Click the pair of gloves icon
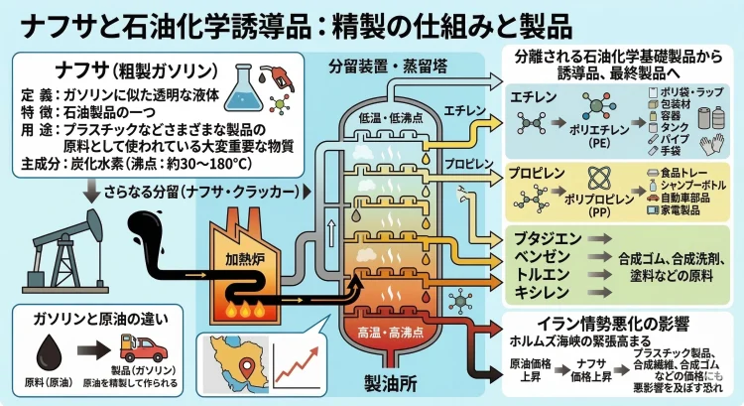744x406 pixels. pos(716,145)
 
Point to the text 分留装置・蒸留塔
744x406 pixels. pos(377,68)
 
